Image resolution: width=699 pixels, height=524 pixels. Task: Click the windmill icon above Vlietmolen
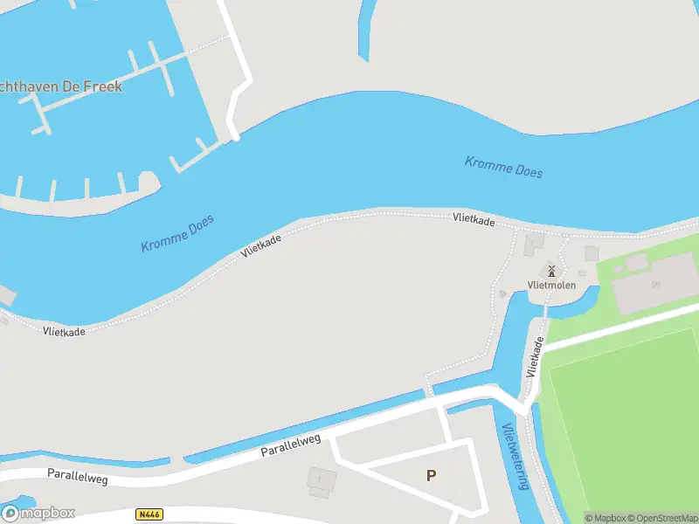point(551,271)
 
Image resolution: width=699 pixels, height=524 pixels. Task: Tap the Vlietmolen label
point(551,286)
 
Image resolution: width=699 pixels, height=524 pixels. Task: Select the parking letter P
point(431,475)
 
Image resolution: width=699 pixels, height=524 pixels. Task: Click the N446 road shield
point(150,515)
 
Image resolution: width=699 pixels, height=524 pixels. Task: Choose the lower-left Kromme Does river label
point(177,233)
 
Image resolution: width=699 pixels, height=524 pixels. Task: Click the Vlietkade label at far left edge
point(64,331)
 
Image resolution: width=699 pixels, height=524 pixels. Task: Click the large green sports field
point(625,419)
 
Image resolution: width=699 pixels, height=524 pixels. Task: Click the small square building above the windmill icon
point(533,245)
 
